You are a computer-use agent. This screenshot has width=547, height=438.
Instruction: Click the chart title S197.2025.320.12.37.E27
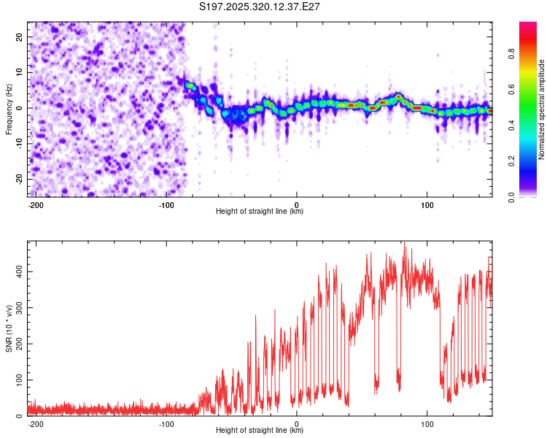[x=260, y=7]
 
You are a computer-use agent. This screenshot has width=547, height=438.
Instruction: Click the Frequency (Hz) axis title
[x=9, y=109]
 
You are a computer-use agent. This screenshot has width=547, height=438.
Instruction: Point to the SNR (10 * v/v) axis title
[x=9, y=328]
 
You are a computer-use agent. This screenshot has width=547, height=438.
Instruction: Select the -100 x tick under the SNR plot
[x=166, y=423]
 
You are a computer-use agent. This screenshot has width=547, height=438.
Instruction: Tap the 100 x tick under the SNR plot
[x=427, y=423]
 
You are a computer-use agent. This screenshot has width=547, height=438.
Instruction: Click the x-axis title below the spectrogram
[x=260, y=212]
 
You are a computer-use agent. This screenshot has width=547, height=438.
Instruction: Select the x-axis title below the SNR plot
[x=260, y=431]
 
